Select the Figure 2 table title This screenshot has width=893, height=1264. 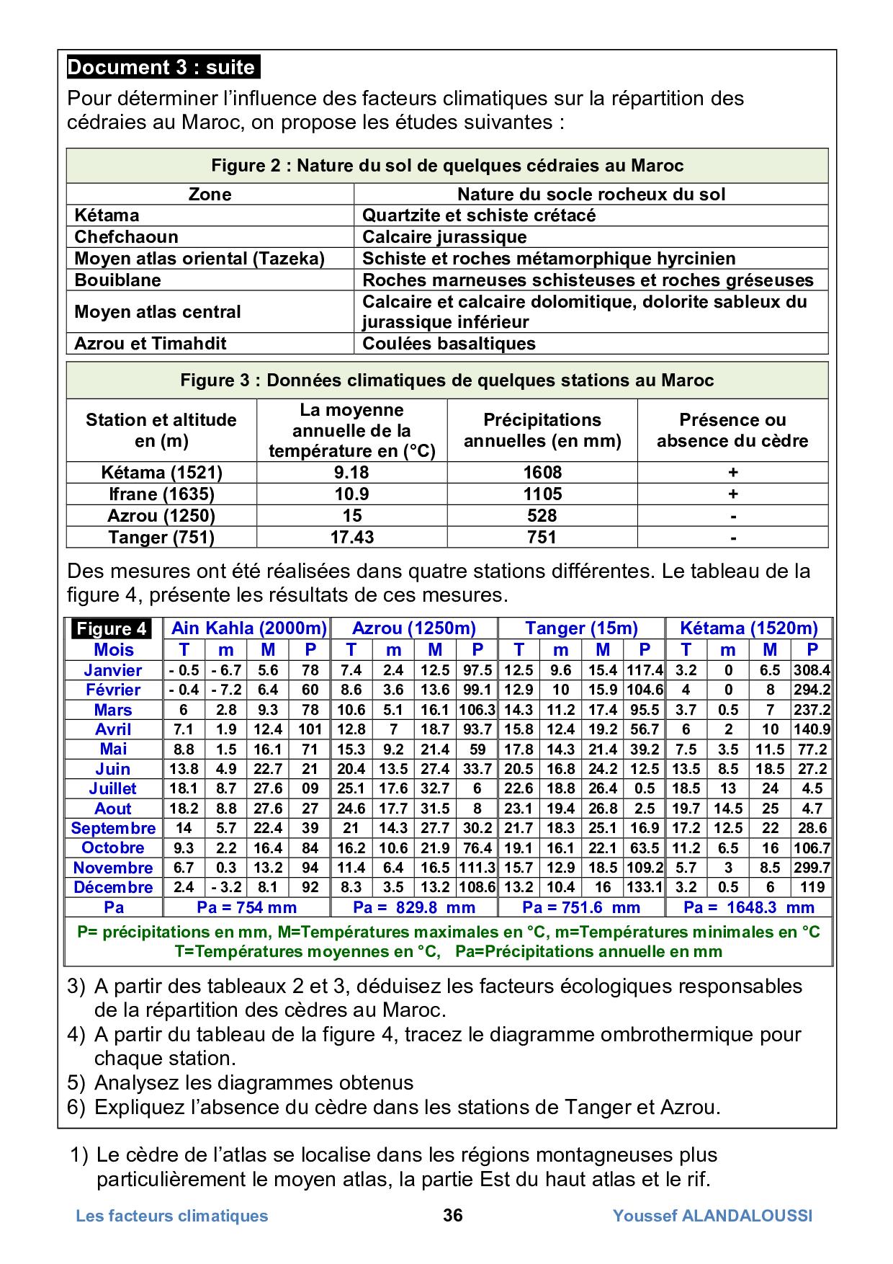click(447, 166)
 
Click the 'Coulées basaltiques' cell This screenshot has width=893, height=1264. click(449, 343)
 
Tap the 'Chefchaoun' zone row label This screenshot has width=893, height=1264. click(126, 237)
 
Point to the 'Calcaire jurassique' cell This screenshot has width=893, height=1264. click(444, 237)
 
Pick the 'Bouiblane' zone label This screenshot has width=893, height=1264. click(117, 280)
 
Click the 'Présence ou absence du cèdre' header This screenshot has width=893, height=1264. click(732, 430)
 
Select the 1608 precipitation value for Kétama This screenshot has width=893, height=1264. click(542, 473)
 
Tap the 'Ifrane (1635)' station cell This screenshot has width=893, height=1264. click(161, 494)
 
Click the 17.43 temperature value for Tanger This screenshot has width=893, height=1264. click(351, 537)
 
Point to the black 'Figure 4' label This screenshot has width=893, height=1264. click(112, 628)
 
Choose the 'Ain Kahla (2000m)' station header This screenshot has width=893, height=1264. click(248, 628)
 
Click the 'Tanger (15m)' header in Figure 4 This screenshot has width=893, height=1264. click(581, 628)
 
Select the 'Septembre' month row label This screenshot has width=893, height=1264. click(113, 828)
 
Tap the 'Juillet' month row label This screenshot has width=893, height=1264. click(113, 788)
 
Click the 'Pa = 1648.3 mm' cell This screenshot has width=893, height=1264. click(748, 907)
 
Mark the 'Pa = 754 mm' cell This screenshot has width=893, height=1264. click(246, 907)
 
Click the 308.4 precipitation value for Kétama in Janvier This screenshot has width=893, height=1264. click(812, 670)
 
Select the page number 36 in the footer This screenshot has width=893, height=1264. click(453, 1216)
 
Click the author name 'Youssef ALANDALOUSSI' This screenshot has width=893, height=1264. click(712, 1216)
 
